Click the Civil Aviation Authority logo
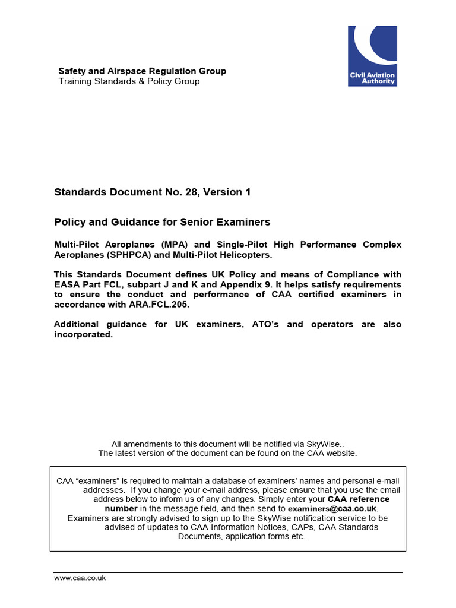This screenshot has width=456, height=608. pyautogui.click(x=372, y=56)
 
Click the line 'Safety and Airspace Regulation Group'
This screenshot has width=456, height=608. pyautogui.click(x=142, y=71)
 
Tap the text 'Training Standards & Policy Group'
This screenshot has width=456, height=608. pyautogui.click(x=129, y=81)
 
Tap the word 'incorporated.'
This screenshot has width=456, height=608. pyautogui.click(x=83, y=334)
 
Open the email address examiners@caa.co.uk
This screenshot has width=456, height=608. pyautogui.click(x=332, y=509)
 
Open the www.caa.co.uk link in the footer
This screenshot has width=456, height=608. pyautogui.click(x=80, y=578)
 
